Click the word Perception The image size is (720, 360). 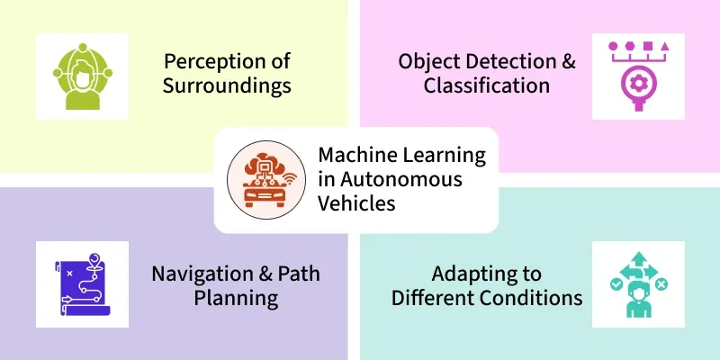215,61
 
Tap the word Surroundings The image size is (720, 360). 227,85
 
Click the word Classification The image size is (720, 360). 487,85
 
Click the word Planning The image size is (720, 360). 236,299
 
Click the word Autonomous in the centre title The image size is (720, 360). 400,178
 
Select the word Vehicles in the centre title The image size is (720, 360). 356,202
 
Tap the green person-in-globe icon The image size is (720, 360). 83,76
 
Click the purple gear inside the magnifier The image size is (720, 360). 638,83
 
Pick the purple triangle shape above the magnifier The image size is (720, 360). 665,46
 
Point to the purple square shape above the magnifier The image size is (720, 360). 647,46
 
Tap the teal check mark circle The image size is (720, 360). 616,285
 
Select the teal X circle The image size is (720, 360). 661,285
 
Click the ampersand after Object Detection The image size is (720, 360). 569,61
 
